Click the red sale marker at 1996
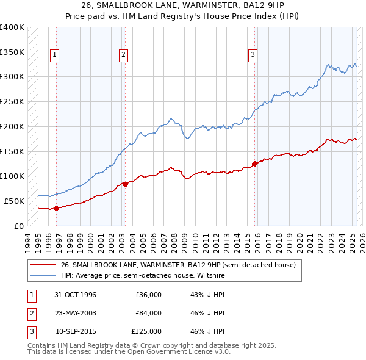[x=57, y=208]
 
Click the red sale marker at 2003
[x=125, y=184]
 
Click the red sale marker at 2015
[x=254, y=164]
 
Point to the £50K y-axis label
[x=14, y=201]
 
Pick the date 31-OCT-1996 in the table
[x=75, y=295]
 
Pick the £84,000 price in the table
[x=149, y=313]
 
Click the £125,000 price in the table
[x=147, y=331]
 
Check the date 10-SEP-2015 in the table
[x=76, y=331]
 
